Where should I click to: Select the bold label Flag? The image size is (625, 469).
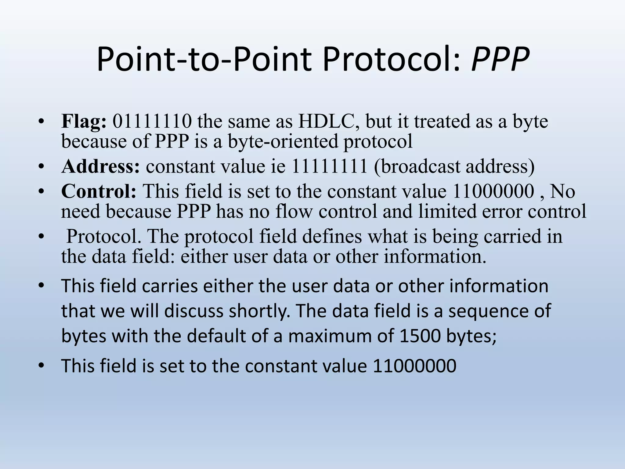click(84, 122)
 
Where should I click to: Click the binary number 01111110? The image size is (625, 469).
click(152, 122)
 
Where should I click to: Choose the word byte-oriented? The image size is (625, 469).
click(283, 141)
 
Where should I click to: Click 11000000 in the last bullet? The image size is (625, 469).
click(414, 366)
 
